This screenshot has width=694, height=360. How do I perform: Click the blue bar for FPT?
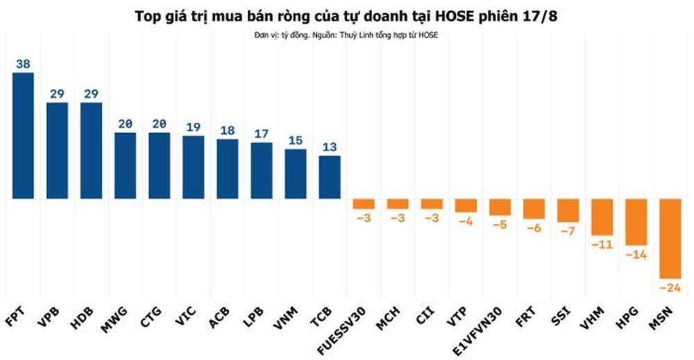pos(23,136)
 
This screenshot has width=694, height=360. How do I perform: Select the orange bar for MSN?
pos(670,239)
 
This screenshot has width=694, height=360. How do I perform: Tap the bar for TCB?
pos(330,178)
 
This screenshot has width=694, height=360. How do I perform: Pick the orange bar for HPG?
pos(636,222)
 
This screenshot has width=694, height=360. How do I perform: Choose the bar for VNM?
pos(296,174)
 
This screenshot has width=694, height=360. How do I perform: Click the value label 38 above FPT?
pos(23,64)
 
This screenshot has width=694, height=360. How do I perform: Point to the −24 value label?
pos(670,287)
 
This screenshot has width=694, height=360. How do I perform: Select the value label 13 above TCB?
pos(330,147)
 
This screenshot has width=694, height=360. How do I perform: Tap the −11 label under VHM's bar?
pos(602,244)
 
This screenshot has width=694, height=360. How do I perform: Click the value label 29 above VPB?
pos(57,94)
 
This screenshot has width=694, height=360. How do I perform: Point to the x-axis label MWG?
pos(115,318)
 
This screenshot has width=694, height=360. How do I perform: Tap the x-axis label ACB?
pos(219,317)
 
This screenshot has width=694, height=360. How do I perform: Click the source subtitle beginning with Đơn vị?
pos(346,35)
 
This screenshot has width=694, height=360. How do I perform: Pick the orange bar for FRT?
pos(534,209)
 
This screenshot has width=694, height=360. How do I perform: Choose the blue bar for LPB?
pos(262,171)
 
